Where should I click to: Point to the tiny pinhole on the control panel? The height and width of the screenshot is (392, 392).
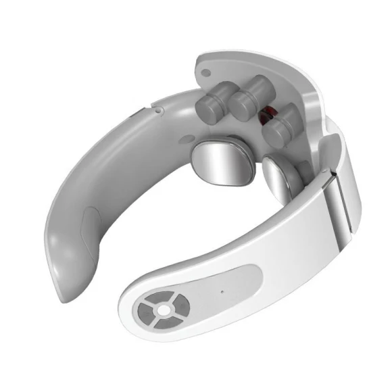pyautogui.click(x=221, y=292)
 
